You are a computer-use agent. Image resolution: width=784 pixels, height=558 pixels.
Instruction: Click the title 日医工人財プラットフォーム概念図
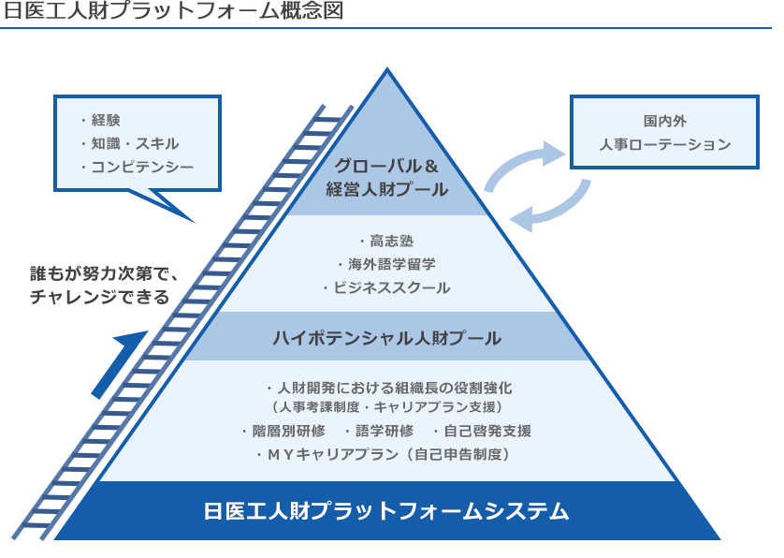coord(172,11)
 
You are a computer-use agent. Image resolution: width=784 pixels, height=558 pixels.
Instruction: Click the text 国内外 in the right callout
coord(664,121)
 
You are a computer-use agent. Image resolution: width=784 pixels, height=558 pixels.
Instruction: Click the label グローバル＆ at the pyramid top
coord(386,166)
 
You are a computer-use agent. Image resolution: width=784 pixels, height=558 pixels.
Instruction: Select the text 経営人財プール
coord(386,189)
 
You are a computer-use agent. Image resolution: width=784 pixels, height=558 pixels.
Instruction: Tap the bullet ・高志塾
coord(386,242)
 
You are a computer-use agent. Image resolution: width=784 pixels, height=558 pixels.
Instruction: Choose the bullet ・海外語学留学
coord(386,264)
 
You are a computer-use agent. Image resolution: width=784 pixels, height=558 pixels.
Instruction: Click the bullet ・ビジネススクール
coord(386,287)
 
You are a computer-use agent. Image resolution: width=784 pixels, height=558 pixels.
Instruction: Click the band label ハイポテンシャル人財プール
coord(386,338)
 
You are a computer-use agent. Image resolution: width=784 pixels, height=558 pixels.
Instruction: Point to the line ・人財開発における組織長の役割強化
coord(386,387)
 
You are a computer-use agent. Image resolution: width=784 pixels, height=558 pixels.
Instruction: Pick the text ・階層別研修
coord(283,431)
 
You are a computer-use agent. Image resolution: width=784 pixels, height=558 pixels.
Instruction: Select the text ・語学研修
coord(378,431)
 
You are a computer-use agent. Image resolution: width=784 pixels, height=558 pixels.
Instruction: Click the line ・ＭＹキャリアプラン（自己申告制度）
coord(386,454)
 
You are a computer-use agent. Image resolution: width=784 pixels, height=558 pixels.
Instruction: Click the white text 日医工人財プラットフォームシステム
coord(386,511)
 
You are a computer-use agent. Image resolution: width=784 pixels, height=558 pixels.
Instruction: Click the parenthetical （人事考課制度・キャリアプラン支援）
coord(386,407)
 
